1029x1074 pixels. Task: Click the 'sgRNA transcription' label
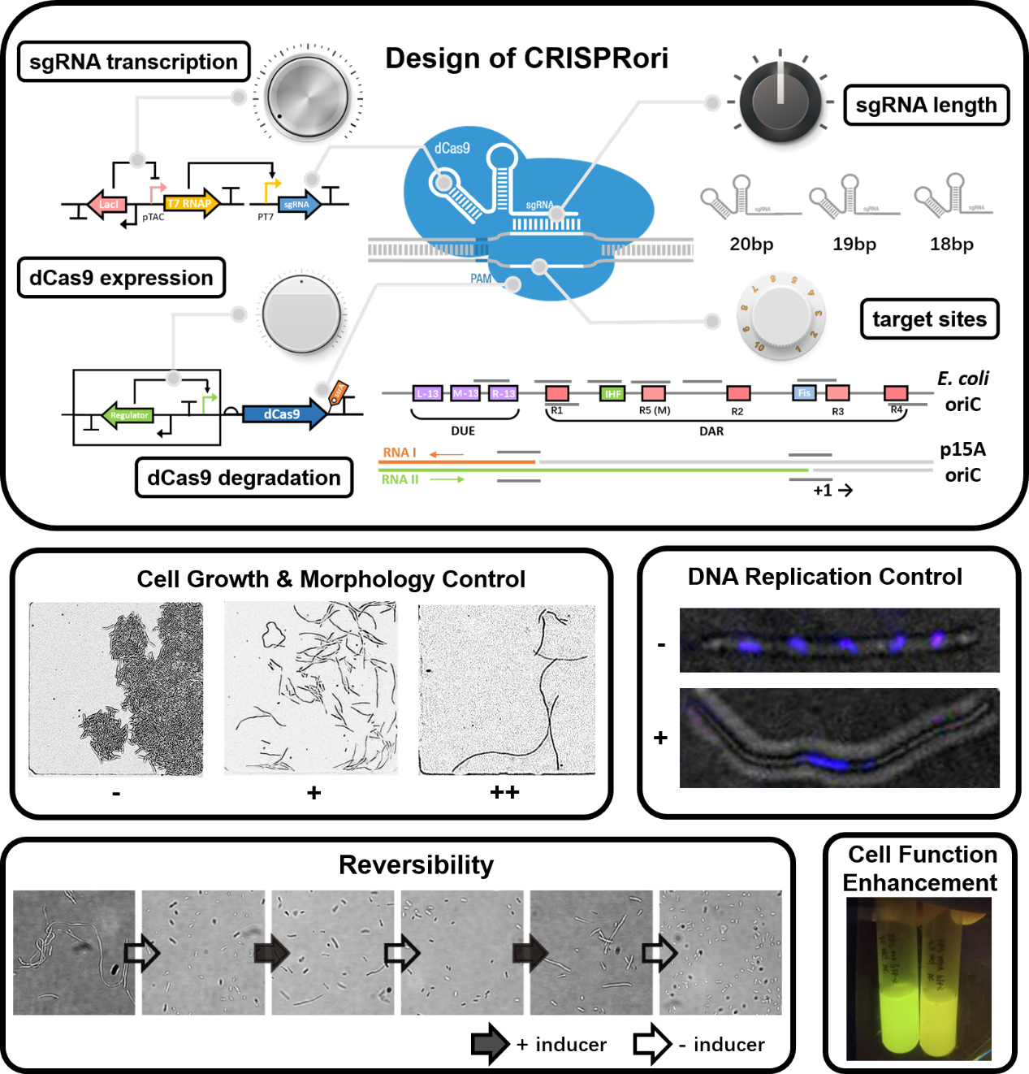point(133,62)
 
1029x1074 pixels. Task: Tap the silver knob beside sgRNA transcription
point(306,98)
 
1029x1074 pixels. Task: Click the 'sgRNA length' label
point(926,106)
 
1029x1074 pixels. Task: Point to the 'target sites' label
point(929,319)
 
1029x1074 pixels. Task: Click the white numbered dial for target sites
point(781,317)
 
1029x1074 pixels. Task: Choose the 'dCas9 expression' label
point(121,278)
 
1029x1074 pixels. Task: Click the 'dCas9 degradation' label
point(244,478)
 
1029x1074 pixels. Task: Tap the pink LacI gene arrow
point(107,204)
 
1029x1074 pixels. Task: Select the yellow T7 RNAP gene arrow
point(192,203)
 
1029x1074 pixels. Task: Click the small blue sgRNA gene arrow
point(299,204)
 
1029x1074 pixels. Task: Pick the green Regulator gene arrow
point(128,415)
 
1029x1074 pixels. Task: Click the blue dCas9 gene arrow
point(283,414)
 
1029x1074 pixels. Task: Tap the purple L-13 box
point(427,393)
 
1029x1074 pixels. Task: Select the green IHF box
point(612,394)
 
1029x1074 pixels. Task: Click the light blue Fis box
point(804,393)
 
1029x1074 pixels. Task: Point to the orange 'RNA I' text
point(400,453)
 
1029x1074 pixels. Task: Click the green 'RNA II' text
point(400,479)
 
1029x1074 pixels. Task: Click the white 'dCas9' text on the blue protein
point(452,148)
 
